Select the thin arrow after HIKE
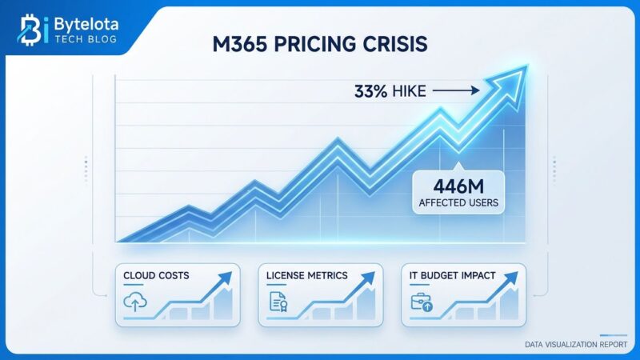[x=458, y=92]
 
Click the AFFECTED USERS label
[x=458, y=203]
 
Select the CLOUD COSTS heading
[x=156, y=275]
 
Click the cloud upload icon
[x=134, y=302]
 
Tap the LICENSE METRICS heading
[x=307, y=275]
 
